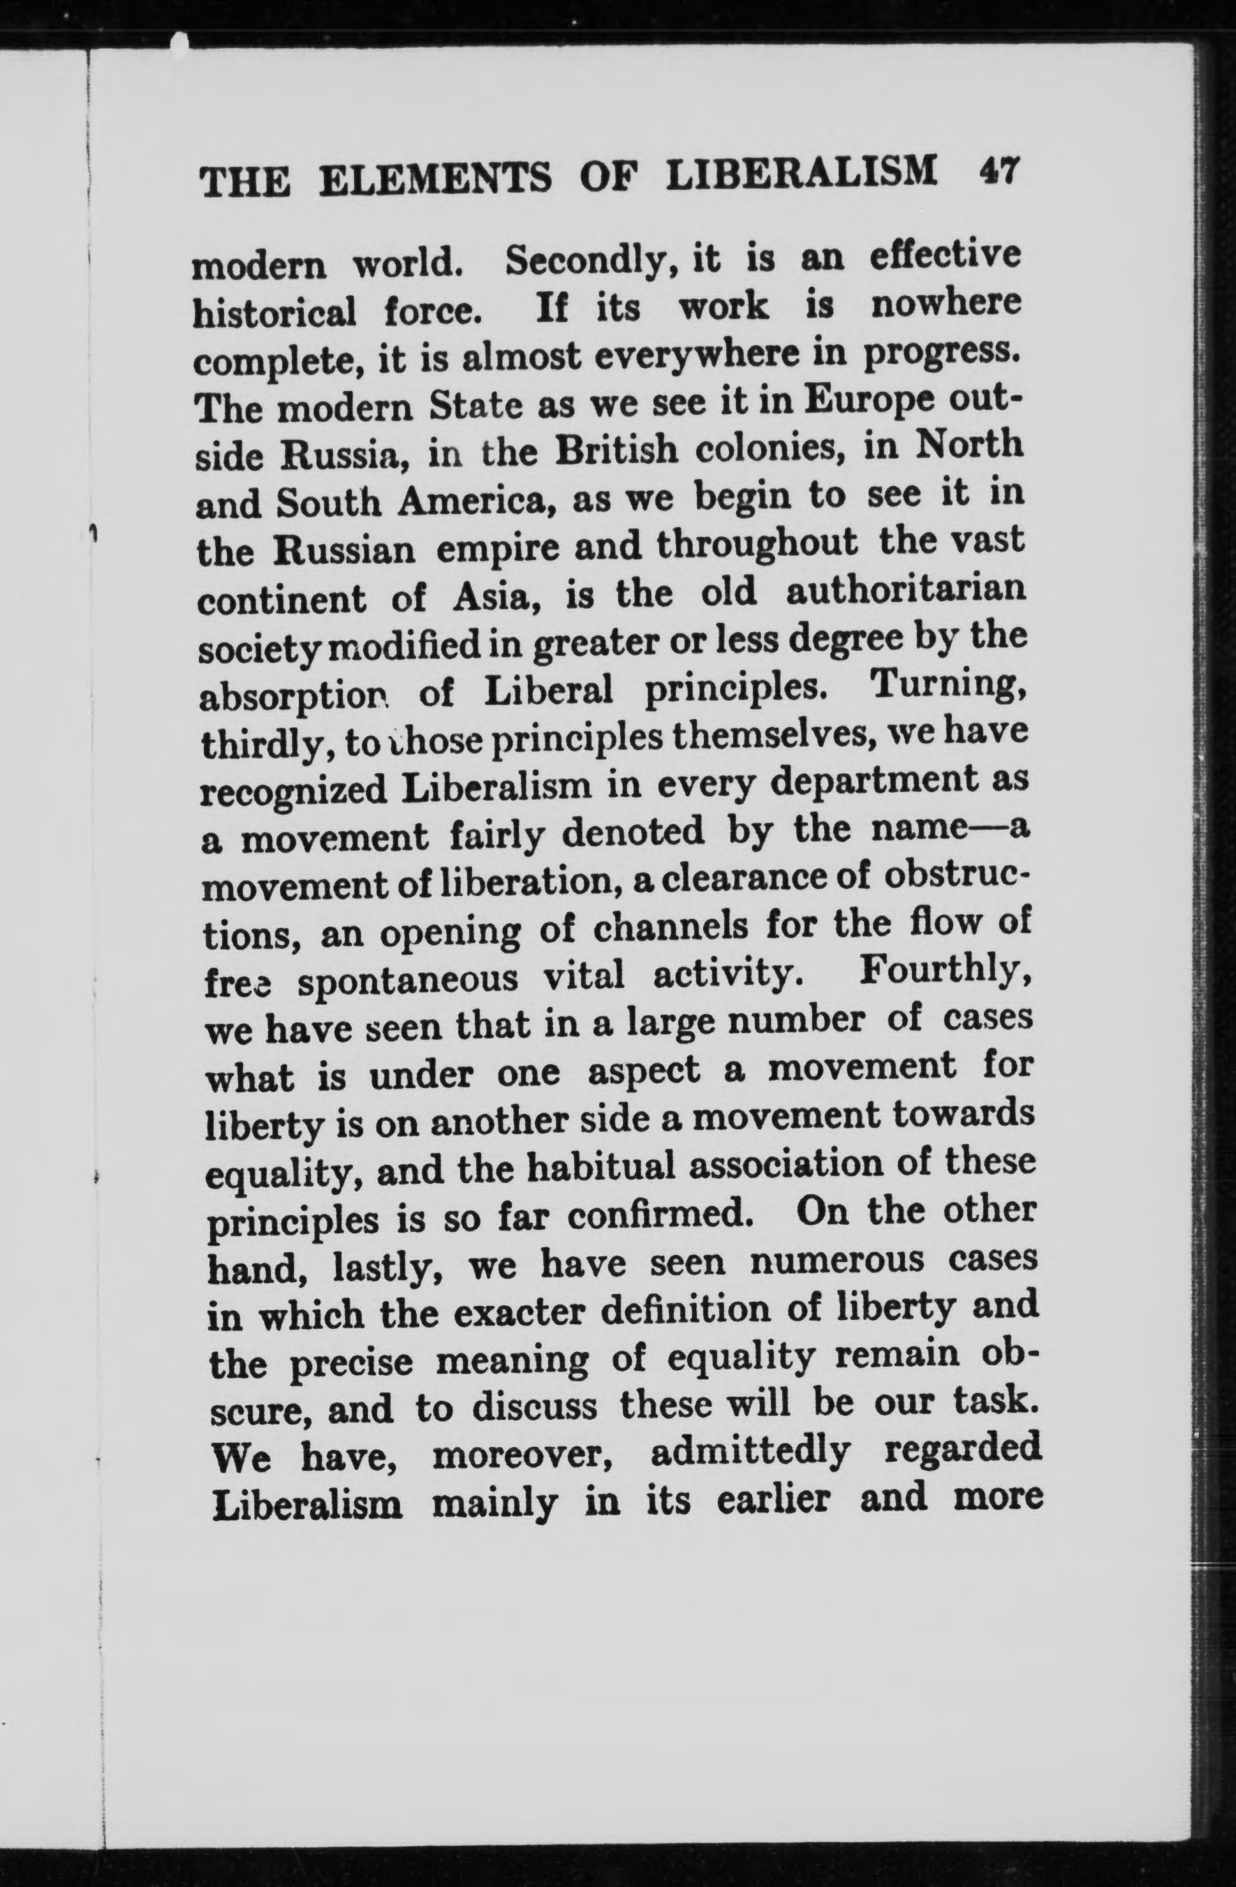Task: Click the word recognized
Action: (294, 792)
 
